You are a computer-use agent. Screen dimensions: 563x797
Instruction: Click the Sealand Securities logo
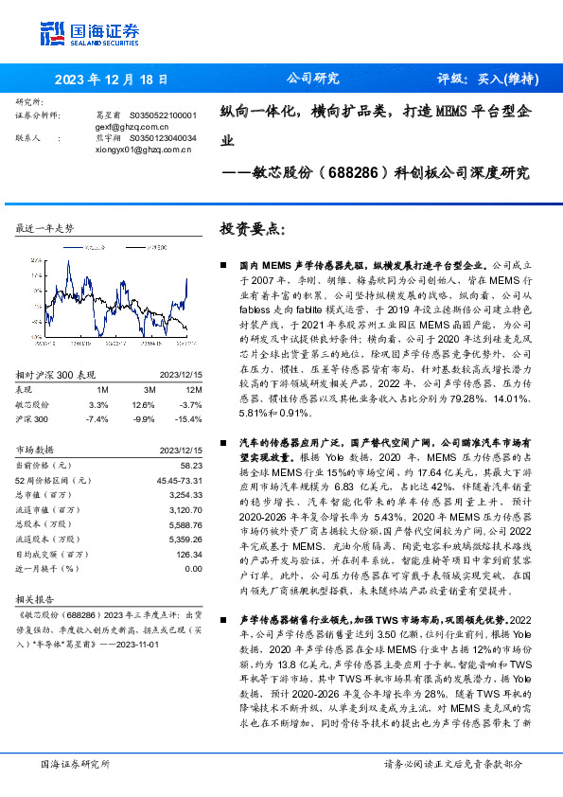(89, 32)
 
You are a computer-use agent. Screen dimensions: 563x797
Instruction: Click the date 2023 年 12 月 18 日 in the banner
(111, 80)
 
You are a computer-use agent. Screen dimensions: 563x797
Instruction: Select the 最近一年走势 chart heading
(45, 229)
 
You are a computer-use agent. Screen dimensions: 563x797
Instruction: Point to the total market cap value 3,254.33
(183, 494)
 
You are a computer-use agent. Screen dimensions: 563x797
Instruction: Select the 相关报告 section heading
(37, 600)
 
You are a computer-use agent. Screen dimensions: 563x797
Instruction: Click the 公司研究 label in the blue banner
(312, 80)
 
